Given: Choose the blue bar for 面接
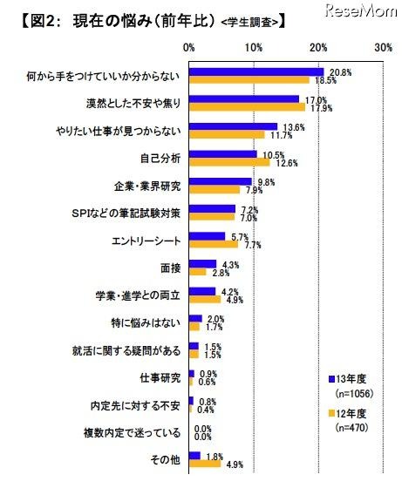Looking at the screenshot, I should pyautogui.click(x=202, y=263).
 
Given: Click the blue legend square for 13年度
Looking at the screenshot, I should pyautogui.click(x=332, y=379).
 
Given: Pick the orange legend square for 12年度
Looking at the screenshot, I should pyautogui.click(x=332, y=414).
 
